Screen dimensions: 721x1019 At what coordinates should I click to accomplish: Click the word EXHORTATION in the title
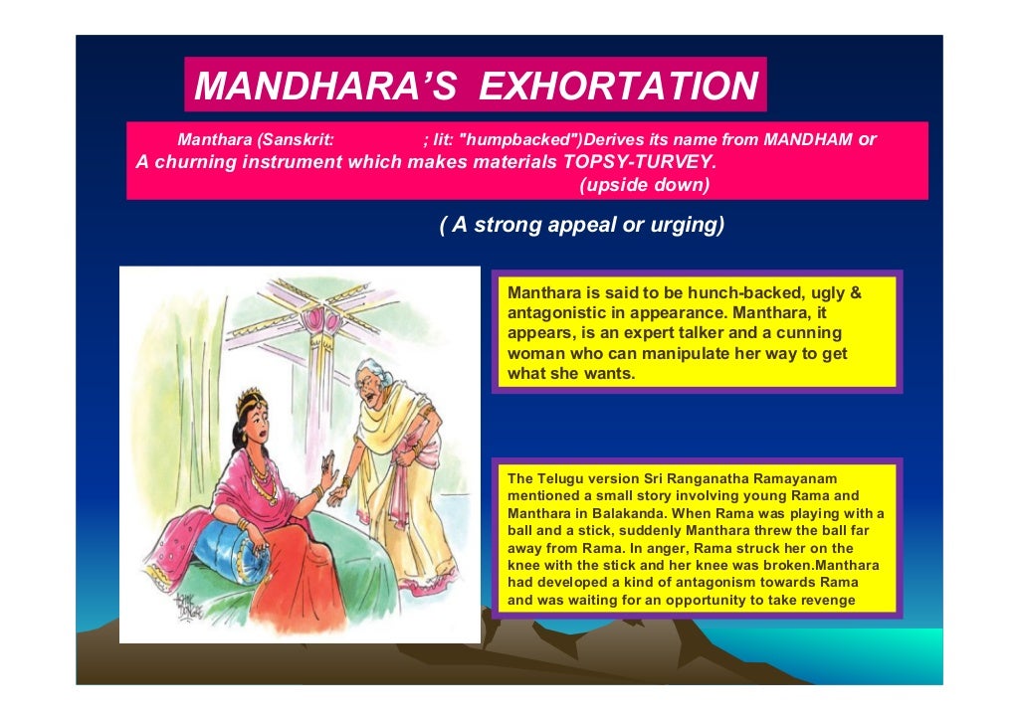pyautogui.click(x=618, y=87)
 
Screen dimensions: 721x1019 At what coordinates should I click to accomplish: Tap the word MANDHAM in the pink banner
pyautogui.click(x=805, y=140)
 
